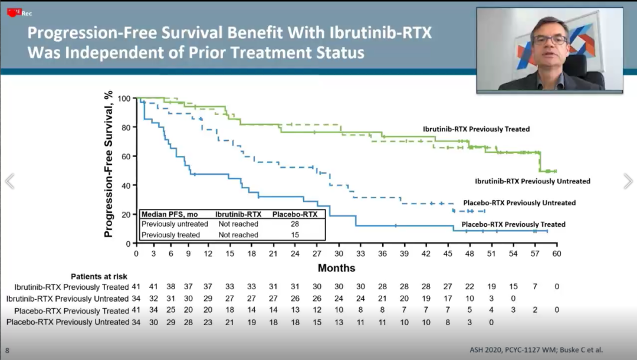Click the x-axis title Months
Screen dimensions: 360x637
click(x=337, y=268)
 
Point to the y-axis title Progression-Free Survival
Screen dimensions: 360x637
click(x=108, y=164)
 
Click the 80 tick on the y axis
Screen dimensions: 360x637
click(x=124, y=127)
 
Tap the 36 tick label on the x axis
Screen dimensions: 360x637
click(x=382, y=253)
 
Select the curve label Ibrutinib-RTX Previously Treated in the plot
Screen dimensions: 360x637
click(x=476, y=129)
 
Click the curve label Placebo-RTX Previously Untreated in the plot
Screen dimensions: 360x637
click(x=519, y=203)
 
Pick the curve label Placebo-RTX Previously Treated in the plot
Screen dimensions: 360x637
click(x=513, y=224)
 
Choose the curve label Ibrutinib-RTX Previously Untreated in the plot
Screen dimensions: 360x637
click(x=533, y=181)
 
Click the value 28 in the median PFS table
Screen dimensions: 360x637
click(x=294, y=224)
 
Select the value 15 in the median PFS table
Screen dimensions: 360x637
click(x=294, y=235)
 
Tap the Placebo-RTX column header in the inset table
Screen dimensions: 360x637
click(x=298, y=214)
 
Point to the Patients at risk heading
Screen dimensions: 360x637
click(x=99, y=276)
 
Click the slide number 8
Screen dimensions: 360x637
click(x=7, y=350)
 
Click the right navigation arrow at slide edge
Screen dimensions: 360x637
click(x=628, y=181)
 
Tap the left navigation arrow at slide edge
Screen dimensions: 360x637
click(x=9, y=181)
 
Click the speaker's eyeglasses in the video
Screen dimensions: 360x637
click(x=549, y=40)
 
